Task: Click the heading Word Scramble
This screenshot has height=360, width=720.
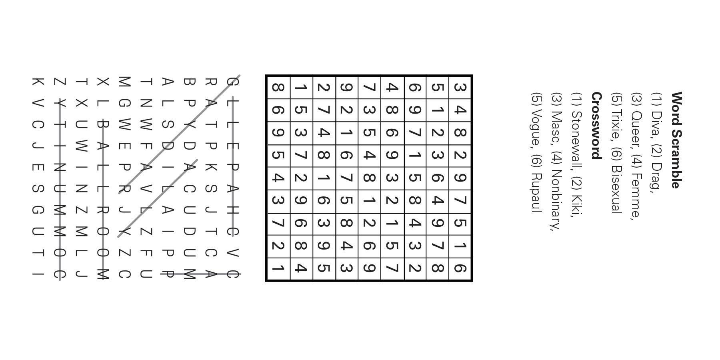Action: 676,140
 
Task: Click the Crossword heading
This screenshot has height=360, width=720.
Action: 596,126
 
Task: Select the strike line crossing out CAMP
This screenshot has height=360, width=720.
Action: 200,274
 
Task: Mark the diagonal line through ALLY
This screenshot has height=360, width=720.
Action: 158,198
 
